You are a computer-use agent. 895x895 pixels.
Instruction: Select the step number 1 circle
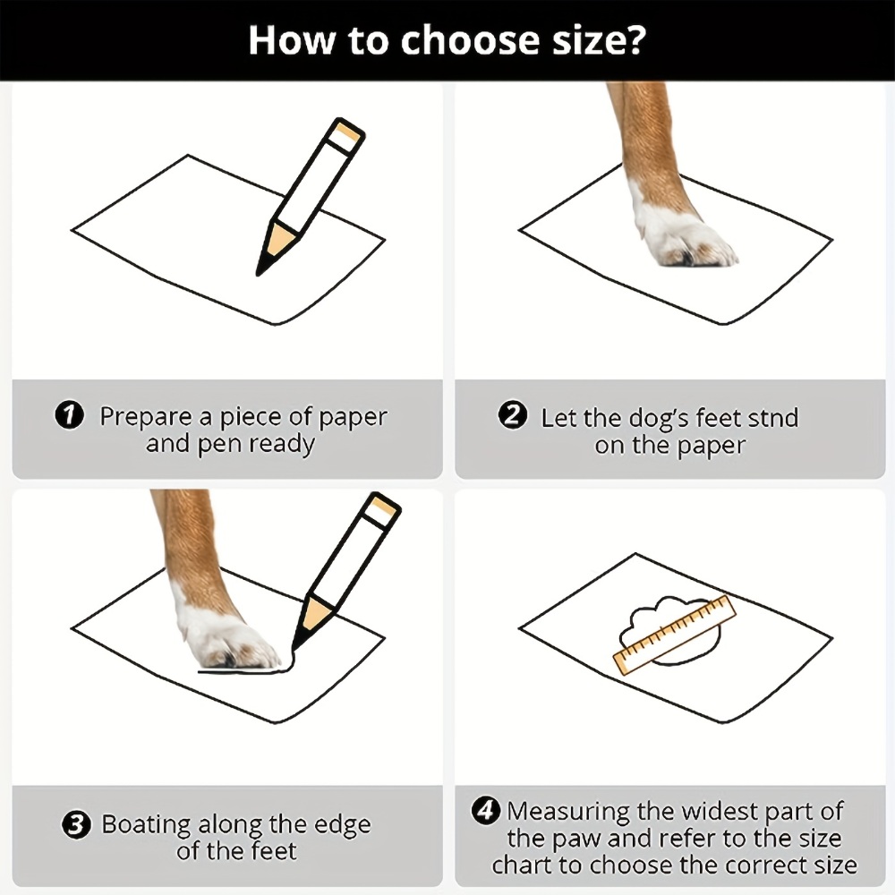pos(69,415)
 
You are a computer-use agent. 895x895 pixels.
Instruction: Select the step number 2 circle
pos(512,415)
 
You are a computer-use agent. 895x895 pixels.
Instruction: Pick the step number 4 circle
pos(486,811)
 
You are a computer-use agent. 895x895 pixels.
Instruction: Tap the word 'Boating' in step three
pos(146,825)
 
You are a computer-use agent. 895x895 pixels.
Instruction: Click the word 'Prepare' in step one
pos(147,417)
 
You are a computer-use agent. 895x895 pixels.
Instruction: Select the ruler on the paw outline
pos(675,635)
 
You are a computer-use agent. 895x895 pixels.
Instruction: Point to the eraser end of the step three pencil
pos(383,509)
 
